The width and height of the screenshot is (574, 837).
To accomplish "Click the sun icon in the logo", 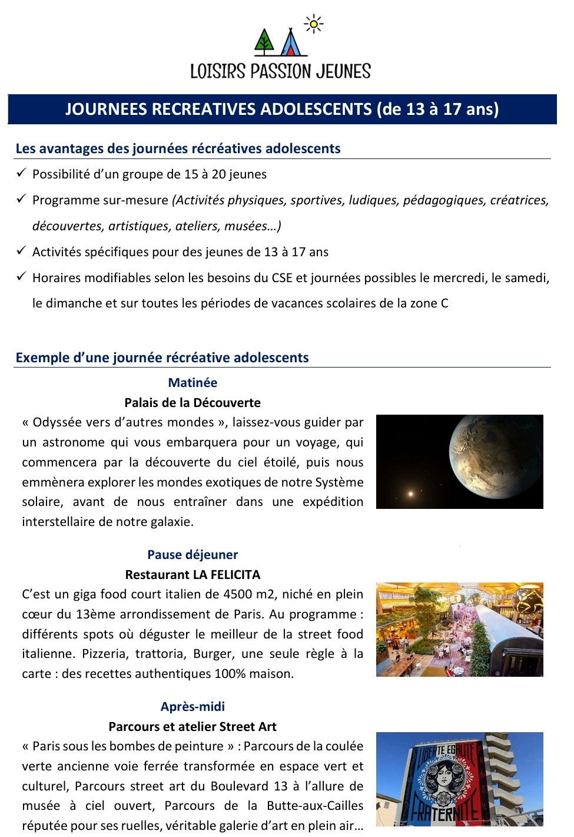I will pyautogui.click(x=314, y=24).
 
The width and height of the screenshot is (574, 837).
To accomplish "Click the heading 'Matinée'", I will pyautogui.click(x=193, y=383).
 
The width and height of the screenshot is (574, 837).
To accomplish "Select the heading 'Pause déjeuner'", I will pyautogui.click(x=193, y=555).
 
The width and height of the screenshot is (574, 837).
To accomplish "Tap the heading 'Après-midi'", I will pyautogui.click(x=193, y=707).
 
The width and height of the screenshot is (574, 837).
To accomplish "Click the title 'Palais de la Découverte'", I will pyautogui.click(x=193, y=403).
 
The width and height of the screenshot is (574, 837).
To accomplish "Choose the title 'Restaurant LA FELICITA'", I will pyautogui.click(x=193, y=575).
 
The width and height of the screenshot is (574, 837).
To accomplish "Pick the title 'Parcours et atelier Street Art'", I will pyautogui.click(x=193, y=727).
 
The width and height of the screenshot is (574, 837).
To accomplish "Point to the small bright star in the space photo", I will pyautogui.click(x=411, y=494).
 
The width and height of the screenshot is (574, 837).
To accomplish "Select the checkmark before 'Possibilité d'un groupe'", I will pyautogui.click(x=21, y=173).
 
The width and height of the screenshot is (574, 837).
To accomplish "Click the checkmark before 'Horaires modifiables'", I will pyautogui.click(x=21, y=277).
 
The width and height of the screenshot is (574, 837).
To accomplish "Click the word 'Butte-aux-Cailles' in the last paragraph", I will pyautogui.click(x=315, y=806).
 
